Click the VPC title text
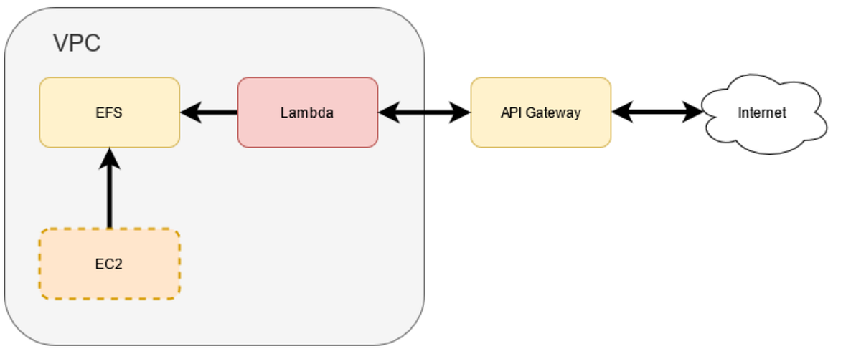77,44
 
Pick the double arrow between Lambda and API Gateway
424,112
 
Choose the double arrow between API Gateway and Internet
657,112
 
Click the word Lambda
307,112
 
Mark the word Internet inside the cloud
762,112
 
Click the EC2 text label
109,264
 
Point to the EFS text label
109,112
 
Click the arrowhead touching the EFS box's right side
190,112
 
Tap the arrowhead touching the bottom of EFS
109,158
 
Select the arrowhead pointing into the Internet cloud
693,112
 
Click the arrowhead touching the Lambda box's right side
388,112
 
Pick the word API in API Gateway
510,112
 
